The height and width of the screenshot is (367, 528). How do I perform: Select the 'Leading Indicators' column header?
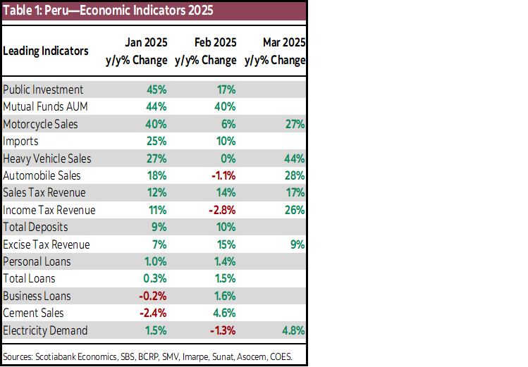46,51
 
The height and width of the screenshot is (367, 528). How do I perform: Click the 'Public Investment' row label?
43,89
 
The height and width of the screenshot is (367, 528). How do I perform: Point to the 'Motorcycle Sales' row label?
40,124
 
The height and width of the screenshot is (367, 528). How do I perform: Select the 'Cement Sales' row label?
33,313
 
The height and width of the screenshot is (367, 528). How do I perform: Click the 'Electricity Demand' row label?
45,330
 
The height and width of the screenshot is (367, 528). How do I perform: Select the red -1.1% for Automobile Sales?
221,175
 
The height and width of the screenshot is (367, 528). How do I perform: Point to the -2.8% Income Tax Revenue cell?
221,210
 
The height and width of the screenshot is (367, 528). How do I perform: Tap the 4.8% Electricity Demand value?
293,330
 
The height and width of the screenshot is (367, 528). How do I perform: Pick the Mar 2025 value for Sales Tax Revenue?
295,193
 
